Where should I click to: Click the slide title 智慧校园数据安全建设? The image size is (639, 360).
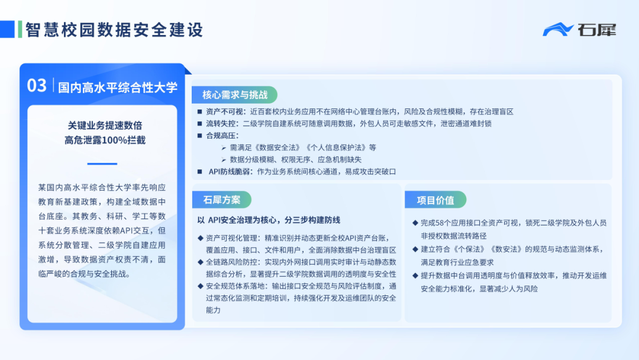pos(114,29)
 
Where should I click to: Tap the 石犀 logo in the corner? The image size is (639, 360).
pos(579,29)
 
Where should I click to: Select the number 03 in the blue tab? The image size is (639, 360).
pos(37,86)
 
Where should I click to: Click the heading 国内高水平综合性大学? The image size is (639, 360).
pos(118,88)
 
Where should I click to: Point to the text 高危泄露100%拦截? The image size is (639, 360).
pos(105,140)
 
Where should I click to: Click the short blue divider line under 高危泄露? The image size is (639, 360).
pos(102,163)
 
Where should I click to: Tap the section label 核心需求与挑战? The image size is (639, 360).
pos(234,95)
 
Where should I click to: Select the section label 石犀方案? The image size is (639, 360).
pos(222,200)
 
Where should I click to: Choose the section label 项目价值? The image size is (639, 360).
pos(435,200)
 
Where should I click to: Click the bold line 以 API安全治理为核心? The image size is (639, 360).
pos(269,220)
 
